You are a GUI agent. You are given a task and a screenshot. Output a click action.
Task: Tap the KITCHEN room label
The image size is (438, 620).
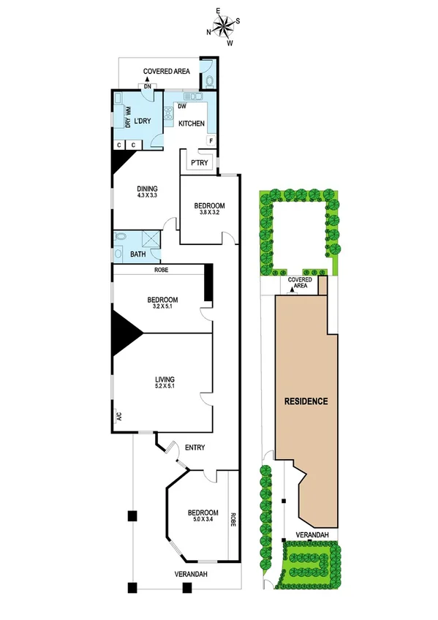192,124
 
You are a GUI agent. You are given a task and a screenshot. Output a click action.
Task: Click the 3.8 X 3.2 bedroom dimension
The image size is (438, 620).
209,213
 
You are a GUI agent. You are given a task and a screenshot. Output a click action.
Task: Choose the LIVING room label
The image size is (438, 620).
165,379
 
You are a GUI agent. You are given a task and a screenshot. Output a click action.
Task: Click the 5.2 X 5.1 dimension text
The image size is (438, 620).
165,387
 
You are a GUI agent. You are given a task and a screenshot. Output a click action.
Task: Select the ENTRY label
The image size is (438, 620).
195,448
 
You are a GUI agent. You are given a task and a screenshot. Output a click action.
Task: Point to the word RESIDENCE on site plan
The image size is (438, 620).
306,402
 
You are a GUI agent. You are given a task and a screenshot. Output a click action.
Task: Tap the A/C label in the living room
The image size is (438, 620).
117,416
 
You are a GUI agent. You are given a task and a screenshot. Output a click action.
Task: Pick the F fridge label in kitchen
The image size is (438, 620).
211,140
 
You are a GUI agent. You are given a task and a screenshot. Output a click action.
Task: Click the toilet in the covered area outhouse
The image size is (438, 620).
210,80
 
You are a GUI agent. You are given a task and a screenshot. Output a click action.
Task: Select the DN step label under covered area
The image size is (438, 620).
148,87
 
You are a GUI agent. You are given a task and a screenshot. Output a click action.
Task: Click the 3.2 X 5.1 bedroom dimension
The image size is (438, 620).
163,308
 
